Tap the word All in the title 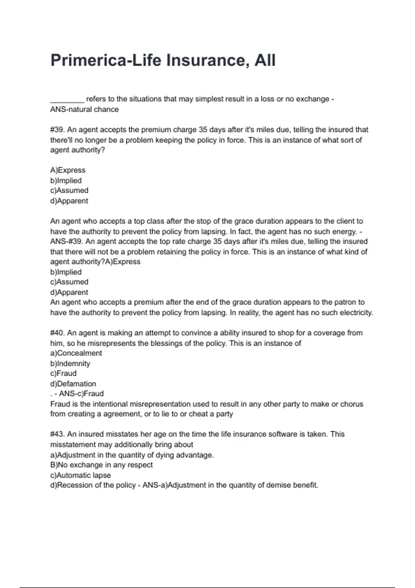(x=265, y=60)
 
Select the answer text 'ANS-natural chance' (x=84, y=109)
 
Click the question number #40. (x=57, y=333)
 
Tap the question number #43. (x=57, y=434)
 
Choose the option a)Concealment (x=76, y=353)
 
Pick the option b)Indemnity (x=70, y=364)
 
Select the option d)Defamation (x=73, y=384)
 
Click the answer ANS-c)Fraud (x=81, y=394)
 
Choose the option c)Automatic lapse (x=81, y=475)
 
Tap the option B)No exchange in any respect (x=101, y=465)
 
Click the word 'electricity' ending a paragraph (x=355, y=313)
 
